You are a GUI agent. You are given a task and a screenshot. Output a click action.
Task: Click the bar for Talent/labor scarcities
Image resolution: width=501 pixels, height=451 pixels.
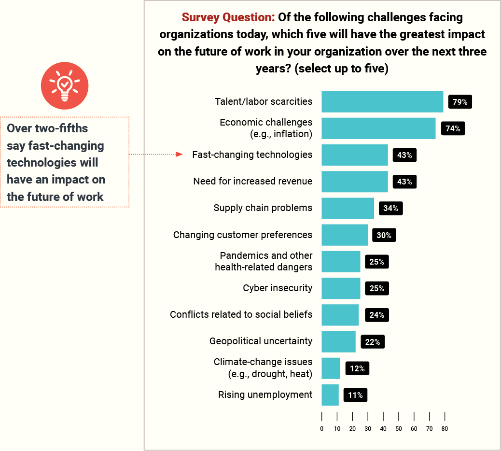click(x=382, y=102)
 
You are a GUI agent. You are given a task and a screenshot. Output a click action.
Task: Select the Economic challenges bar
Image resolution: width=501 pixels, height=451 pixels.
click(x=378, y=128)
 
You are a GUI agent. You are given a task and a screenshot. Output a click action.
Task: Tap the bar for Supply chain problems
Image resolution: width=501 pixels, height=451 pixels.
click(x=348, y=208)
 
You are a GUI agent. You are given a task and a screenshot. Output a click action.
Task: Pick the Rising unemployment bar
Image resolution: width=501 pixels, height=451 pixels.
click(x=330, y=395)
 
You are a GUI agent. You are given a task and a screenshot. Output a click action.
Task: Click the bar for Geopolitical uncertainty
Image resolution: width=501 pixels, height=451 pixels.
click(x=338, y=341)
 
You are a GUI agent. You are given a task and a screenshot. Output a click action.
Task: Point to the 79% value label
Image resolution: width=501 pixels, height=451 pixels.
click(x=459, y=102)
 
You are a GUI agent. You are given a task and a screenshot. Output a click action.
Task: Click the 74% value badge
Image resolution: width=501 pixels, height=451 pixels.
click(x=453, y=128)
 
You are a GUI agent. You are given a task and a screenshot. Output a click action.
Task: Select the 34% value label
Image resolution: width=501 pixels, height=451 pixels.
click(x=391, y=208)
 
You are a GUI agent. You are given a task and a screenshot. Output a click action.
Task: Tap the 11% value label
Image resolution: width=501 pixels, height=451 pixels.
click(x=355, y=395)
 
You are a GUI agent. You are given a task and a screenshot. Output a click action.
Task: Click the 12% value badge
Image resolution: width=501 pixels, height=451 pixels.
click(x=357, y=368)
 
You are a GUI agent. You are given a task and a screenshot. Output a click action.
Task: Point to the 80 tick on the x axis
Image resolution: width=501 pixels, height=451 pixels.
click(x=445, y=428)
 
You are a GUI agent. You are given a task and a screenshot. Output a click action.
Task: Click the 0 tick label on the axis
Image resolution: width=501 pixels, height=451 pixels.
click(x=321, y=428)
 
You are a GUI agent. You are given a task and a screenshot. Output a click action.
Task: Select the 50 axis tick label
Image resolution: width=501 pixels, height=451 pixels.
click(x=399, y=428)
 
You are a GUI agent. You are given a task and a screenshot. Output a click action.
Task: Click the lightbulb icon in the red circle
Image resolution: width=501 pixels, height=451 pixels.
click(x=65, y=85)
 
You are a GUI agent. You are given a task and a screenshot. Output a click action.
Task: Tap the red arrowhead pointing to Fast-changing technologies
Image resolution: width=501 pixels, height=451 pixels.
click(x=179, y=155)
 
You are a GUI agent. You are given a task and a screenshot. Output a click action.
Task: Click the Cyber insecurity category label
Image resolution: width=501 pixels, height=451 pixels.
click(x=278, y=288)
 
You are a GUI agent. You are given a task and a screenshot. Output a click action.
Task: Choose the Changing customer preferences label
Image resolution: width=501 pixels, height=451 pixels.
click(x=243, y=235)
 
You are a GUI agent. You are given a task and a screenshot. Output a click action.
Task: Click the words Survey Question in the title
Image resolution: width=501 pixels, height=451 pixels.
click(x=228, y=18)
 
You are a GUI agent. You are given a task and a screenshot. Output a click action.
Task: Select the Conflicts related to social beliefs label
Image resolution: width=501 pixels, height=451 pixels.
click(x=241, y=314)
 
